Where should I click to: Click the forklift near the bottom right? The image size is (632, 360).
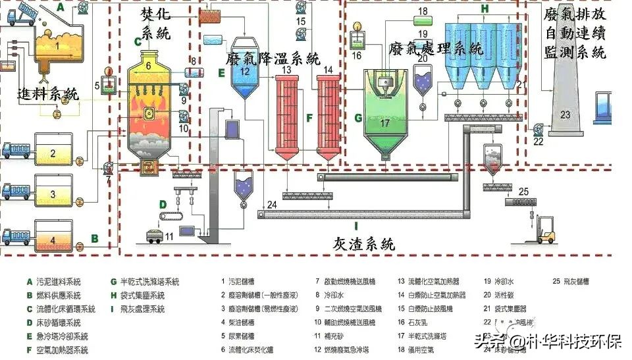coord(546,230)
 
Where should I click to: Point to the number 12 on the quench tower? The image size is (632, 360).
coord(245,71)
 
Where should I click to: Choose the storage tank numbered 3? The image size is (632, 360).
coord(53,194)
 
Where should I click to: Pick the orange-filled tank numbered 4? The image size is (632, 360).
coord(53,240)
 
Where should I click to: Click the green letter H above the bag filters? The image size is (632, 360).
coord(484,9)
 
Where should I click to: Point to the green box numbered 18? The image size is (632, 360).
coord(422,11)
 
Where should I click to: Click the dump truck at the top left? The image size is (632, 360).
coord(21,14)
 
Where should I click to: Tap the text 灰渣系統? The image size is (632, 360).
coord(363,244)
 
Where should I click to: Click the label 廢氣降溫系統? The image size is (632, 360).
coord(272,58)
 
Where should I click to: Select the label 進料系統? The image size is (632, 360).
coord(48,94)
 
